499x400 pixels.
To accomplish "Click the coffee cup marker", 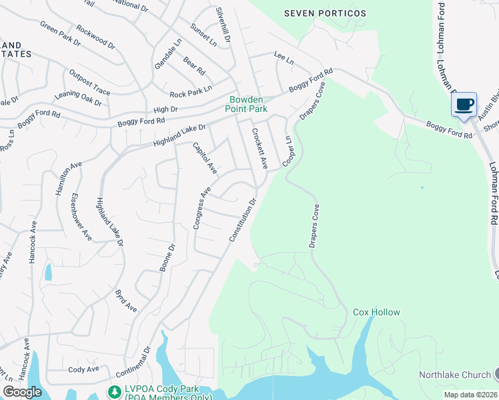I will [464, 105].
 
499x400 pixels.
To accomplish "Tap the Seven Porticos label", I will [325, 13].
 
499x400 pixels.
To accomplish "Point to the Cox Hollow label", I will [376, 312].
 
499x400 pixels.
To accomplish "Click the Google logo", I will [23, 392].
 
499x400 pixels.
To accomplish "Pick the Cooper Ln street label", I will [288, 151].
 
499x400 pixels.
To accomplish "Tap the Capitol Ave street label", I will [205, 159].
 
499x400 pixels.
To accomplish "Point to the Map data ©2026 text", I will [470, 395].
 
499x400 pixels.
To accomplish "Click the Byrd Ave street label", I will [125, 301].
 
